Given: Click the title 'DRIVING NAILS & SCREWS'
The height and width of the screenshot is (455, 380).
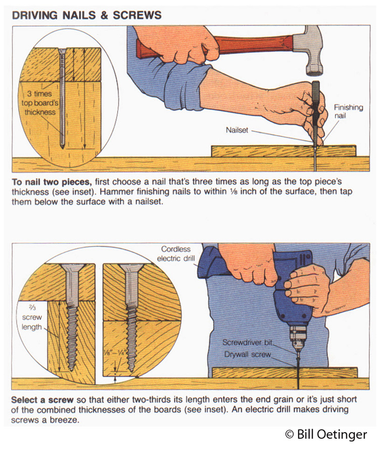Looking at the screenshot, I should [x=86, y=14].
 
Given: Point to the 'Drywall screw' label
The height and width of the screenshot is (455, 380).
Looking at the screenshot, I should [x=248, y=355].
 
